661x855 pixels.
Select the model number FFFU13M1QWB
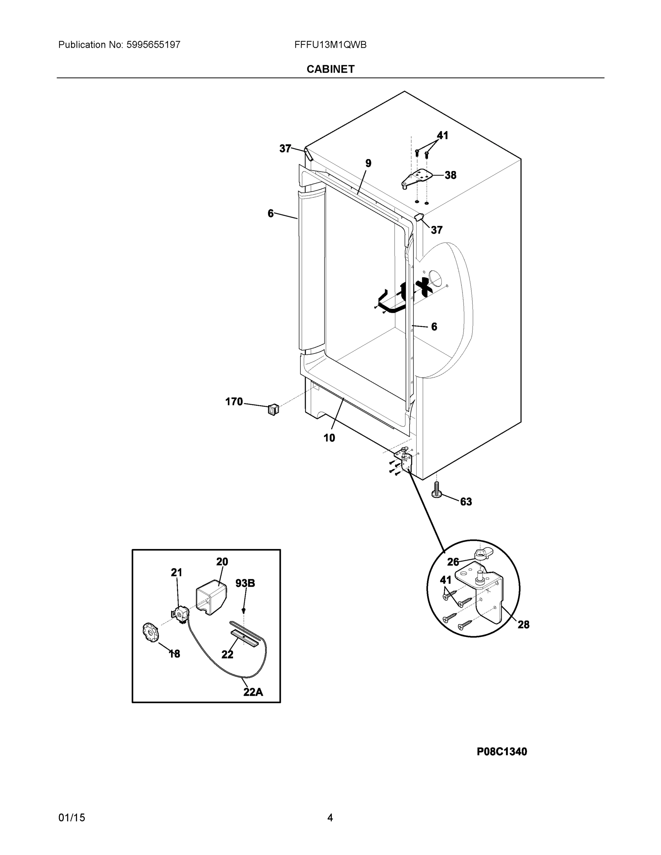(330, 45)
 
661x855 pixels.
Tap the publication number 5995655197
(153, 45)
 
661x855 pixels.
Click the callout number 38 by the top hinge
(450, 175)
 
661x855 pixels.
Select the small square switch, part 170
(273, 409)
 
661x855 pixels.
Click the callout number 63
(466, 502)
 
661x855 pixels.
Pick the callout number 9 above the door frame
(368, 163)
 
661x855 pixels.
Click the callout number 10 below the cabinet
(329, 438)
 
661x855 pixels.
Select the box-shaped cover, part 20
(211, 597)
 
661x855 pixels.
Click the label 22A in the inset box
(253, 692)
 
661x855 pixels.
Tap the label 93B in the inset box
(245, 583)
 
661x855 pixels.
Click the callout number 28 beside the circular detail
(523, 625)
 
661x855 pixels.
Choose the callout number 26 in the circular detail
(453, 562)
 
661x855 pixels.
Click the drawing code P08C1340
(502, 751)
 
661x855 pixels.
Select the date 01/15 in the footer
(72, 818)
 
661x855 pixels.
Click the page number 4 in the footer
(330, 818)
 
